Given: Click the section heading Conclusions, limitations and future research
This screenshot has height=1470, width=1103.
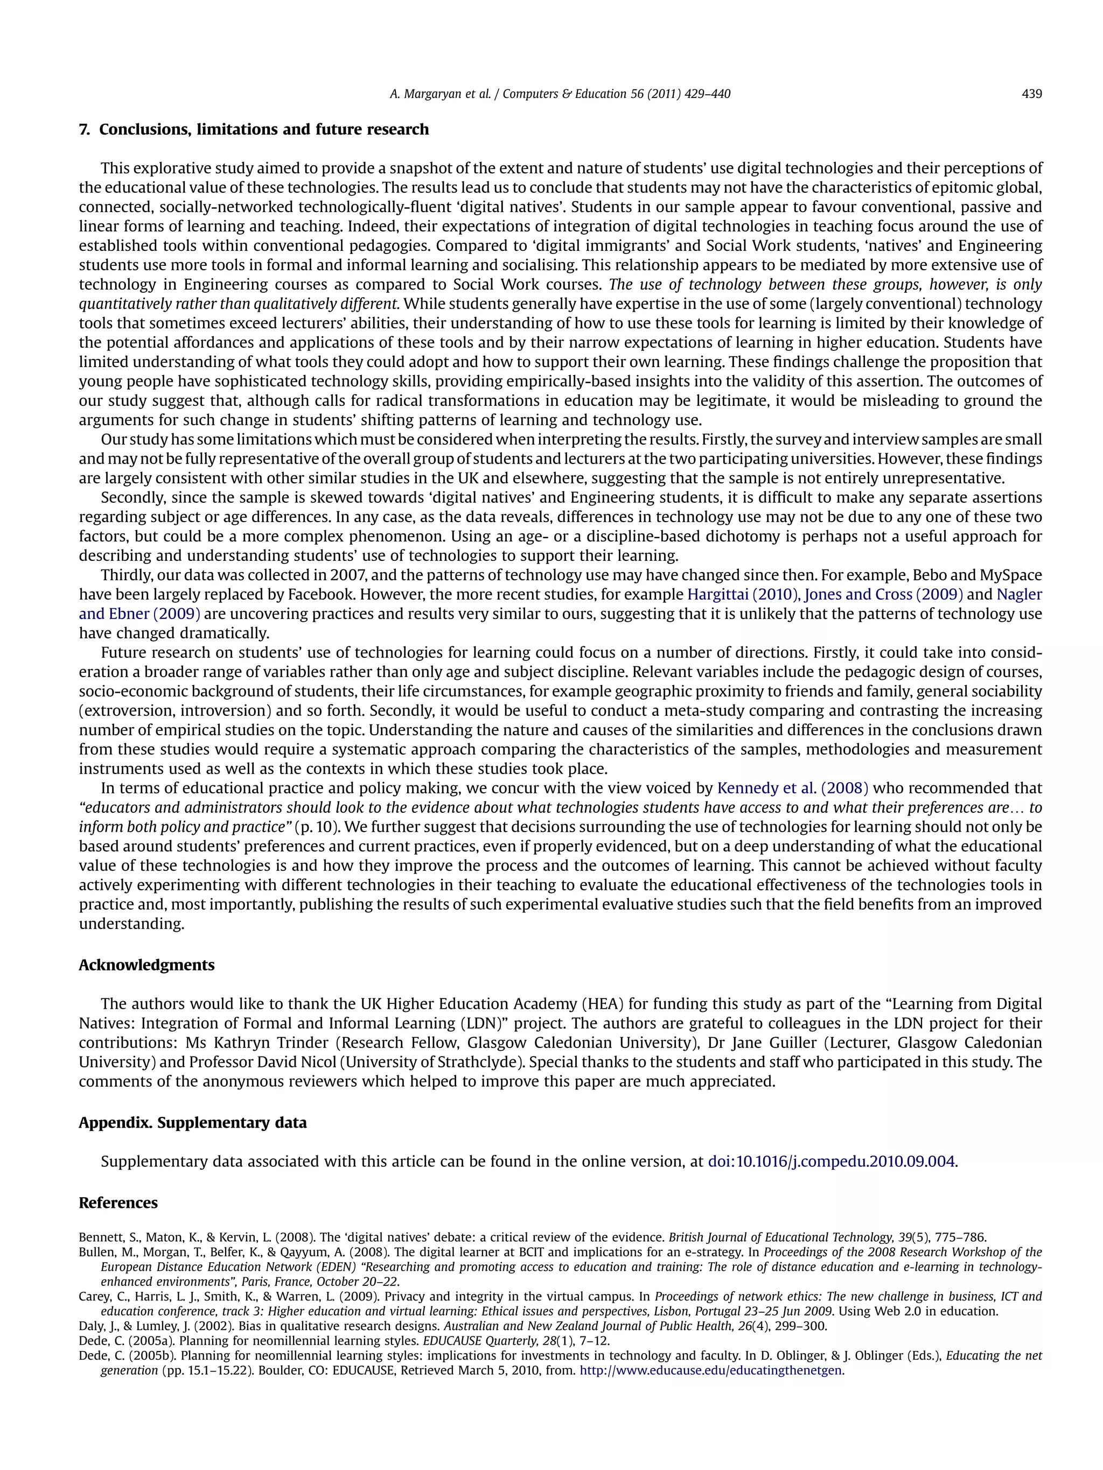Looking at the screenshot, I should click(263, 130).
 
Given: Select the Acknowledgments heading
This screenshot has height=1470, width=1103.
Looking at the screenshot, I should click(146, 965).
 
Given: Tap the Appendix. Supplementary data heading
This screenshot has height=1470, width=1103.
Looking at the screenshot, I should click(193, 1123).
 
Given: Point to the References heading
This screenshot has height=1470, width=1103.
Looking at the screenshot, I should click(118, 1204).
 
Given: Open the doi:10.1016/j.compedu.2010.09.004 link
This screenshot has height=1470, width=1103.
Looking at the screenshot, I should click(831, 1162).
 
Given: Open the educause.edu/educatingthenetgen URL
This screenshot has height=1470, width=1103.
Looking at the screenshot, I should click(711, 1371).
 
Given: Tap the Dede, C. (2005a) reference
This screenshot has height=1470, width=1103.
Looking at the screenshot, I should click(127, 1341).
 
